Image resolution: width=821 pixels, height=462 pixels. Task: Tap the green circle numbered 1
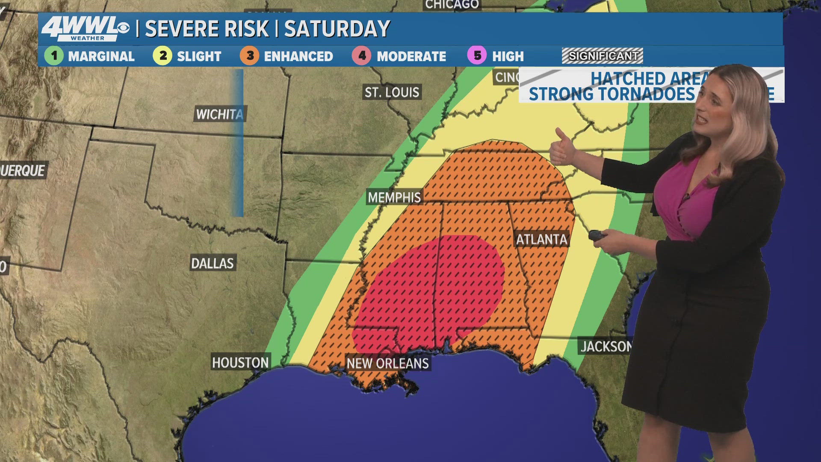pyautogui.click(x=54, y=56)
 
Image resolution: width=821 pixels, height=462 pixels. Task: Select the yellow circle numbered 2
pyautogui.click(x=162, y=56)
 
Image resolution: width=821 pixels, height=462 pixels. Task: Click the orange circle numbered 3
pyautogui.click(x=250, y=56)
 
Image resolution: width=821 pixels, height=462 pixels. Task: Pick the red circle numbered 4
pyautogui.click(x=362, y=56)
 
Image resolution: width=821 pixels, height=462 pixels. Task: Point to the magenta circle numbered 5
pyautogui.click(x=477, y=56)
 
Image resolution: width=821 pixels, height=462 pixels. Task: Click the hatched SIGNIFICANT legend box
pyautogui.click(x=602, y=56)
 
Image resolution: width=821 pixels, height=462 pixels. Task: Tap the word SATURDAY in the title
pyautogui.click(x=337, y=29)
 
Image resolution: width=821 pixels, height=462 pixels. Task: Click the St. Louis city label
pyautogui.click(x=392, y=92)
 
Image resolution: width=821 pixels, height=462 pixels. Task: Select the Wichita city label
pyautogui.click(x=219, y=114)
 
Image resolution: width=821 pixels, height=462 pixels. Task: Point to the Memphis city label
pyautogui.click(x=394, y=197)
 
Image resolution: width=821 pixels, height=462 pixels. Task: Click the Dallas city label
pyautogui.click(x=213, y=263)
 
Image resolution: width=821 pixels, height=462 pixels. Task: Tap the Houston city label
pyautogui.click(x=240, y=363)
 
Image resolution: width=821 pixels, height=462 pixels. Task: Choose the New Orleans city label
pyautogui.click(x=387, y=364)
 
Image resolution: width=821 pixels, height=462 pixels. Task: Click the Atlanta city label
pyautogui.click(x=541, y=239)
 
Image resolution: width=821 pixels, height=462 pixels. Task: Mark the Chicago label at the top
pyautogui.click(x=452, y=5)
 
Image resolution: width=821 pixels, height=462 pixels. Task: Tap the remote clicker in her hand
pyautogui.click(x=596, y=235)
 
